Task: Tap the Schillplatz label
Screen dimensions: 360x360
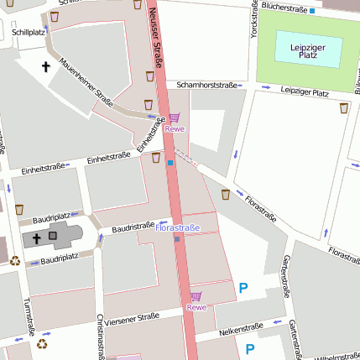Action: pos(29,33)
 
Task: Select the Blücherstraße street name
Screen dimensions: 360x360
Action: pos(284,7)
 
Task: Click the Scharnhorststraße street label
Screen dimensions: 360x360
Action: pos(206,85)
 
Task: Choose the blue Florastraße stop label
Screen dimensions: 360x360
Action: pos(179,227)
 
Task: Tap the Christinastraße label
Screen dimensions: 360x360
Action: pos(101,337)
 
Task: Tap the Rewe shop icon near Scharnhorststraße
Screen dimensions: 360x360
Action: pos(174,118)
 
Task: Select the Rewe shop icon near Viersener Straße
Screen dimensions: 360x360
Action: pos(196,296)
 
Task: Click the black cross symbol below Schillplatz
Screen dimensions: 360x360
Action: pos(45,65)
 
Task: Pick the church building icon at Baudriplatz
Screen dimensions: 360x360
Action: pos(55,237)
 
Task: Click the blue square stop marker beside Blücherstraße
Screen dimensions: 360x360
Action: pos(312,11)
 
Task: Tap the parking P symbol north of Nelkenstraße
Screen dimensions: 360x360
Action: pos(243,288)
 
